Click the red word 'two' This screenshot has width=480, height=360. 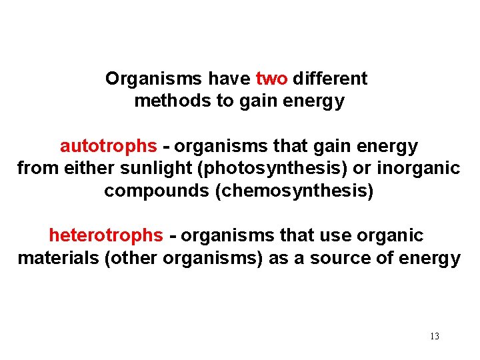click(271, 79)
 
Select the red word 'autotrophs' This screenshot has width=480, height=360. click(109, 146)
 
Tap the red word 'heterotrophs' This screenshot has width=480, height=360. click(105, 235)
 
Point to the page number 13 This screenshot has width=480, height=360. click(435, 336)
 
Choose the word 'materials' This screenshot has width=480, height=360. click(58, 258)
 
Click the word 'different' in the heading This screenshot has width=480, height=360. click(330, 79)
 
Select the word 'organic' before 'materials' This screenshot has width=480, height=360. click(391, 235)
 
